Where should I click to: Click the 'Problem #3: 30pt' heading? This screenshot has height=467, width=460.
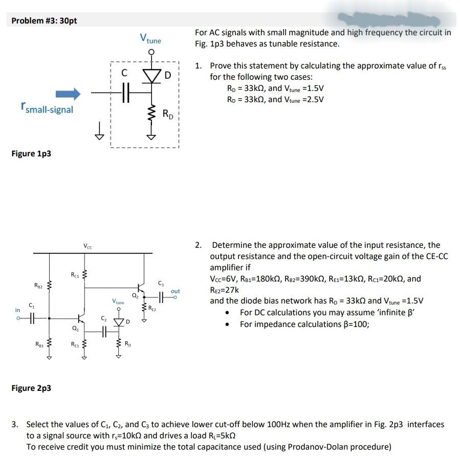click(x=45, y=20)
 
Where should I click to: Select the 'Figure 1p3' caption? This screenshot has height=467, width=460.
click(x=31, y=154)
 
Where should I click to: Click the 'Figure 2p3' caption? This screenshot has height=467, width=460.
click(x=31, y=388)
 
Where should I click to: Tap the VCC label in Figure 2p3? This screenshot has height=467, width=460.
click(x=87, y=247)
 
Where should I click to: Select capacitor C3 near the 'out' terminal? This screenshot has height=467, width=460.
click(x=161, y=295)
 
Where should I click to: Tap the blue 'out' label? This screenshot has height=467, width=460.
click(x=176, y=291)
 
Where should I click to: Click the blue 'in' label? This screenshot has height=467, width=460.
click(x=18, y=310)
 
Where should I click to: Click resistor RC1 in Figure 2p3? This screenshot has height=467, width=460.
click(x=84, y=277)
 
